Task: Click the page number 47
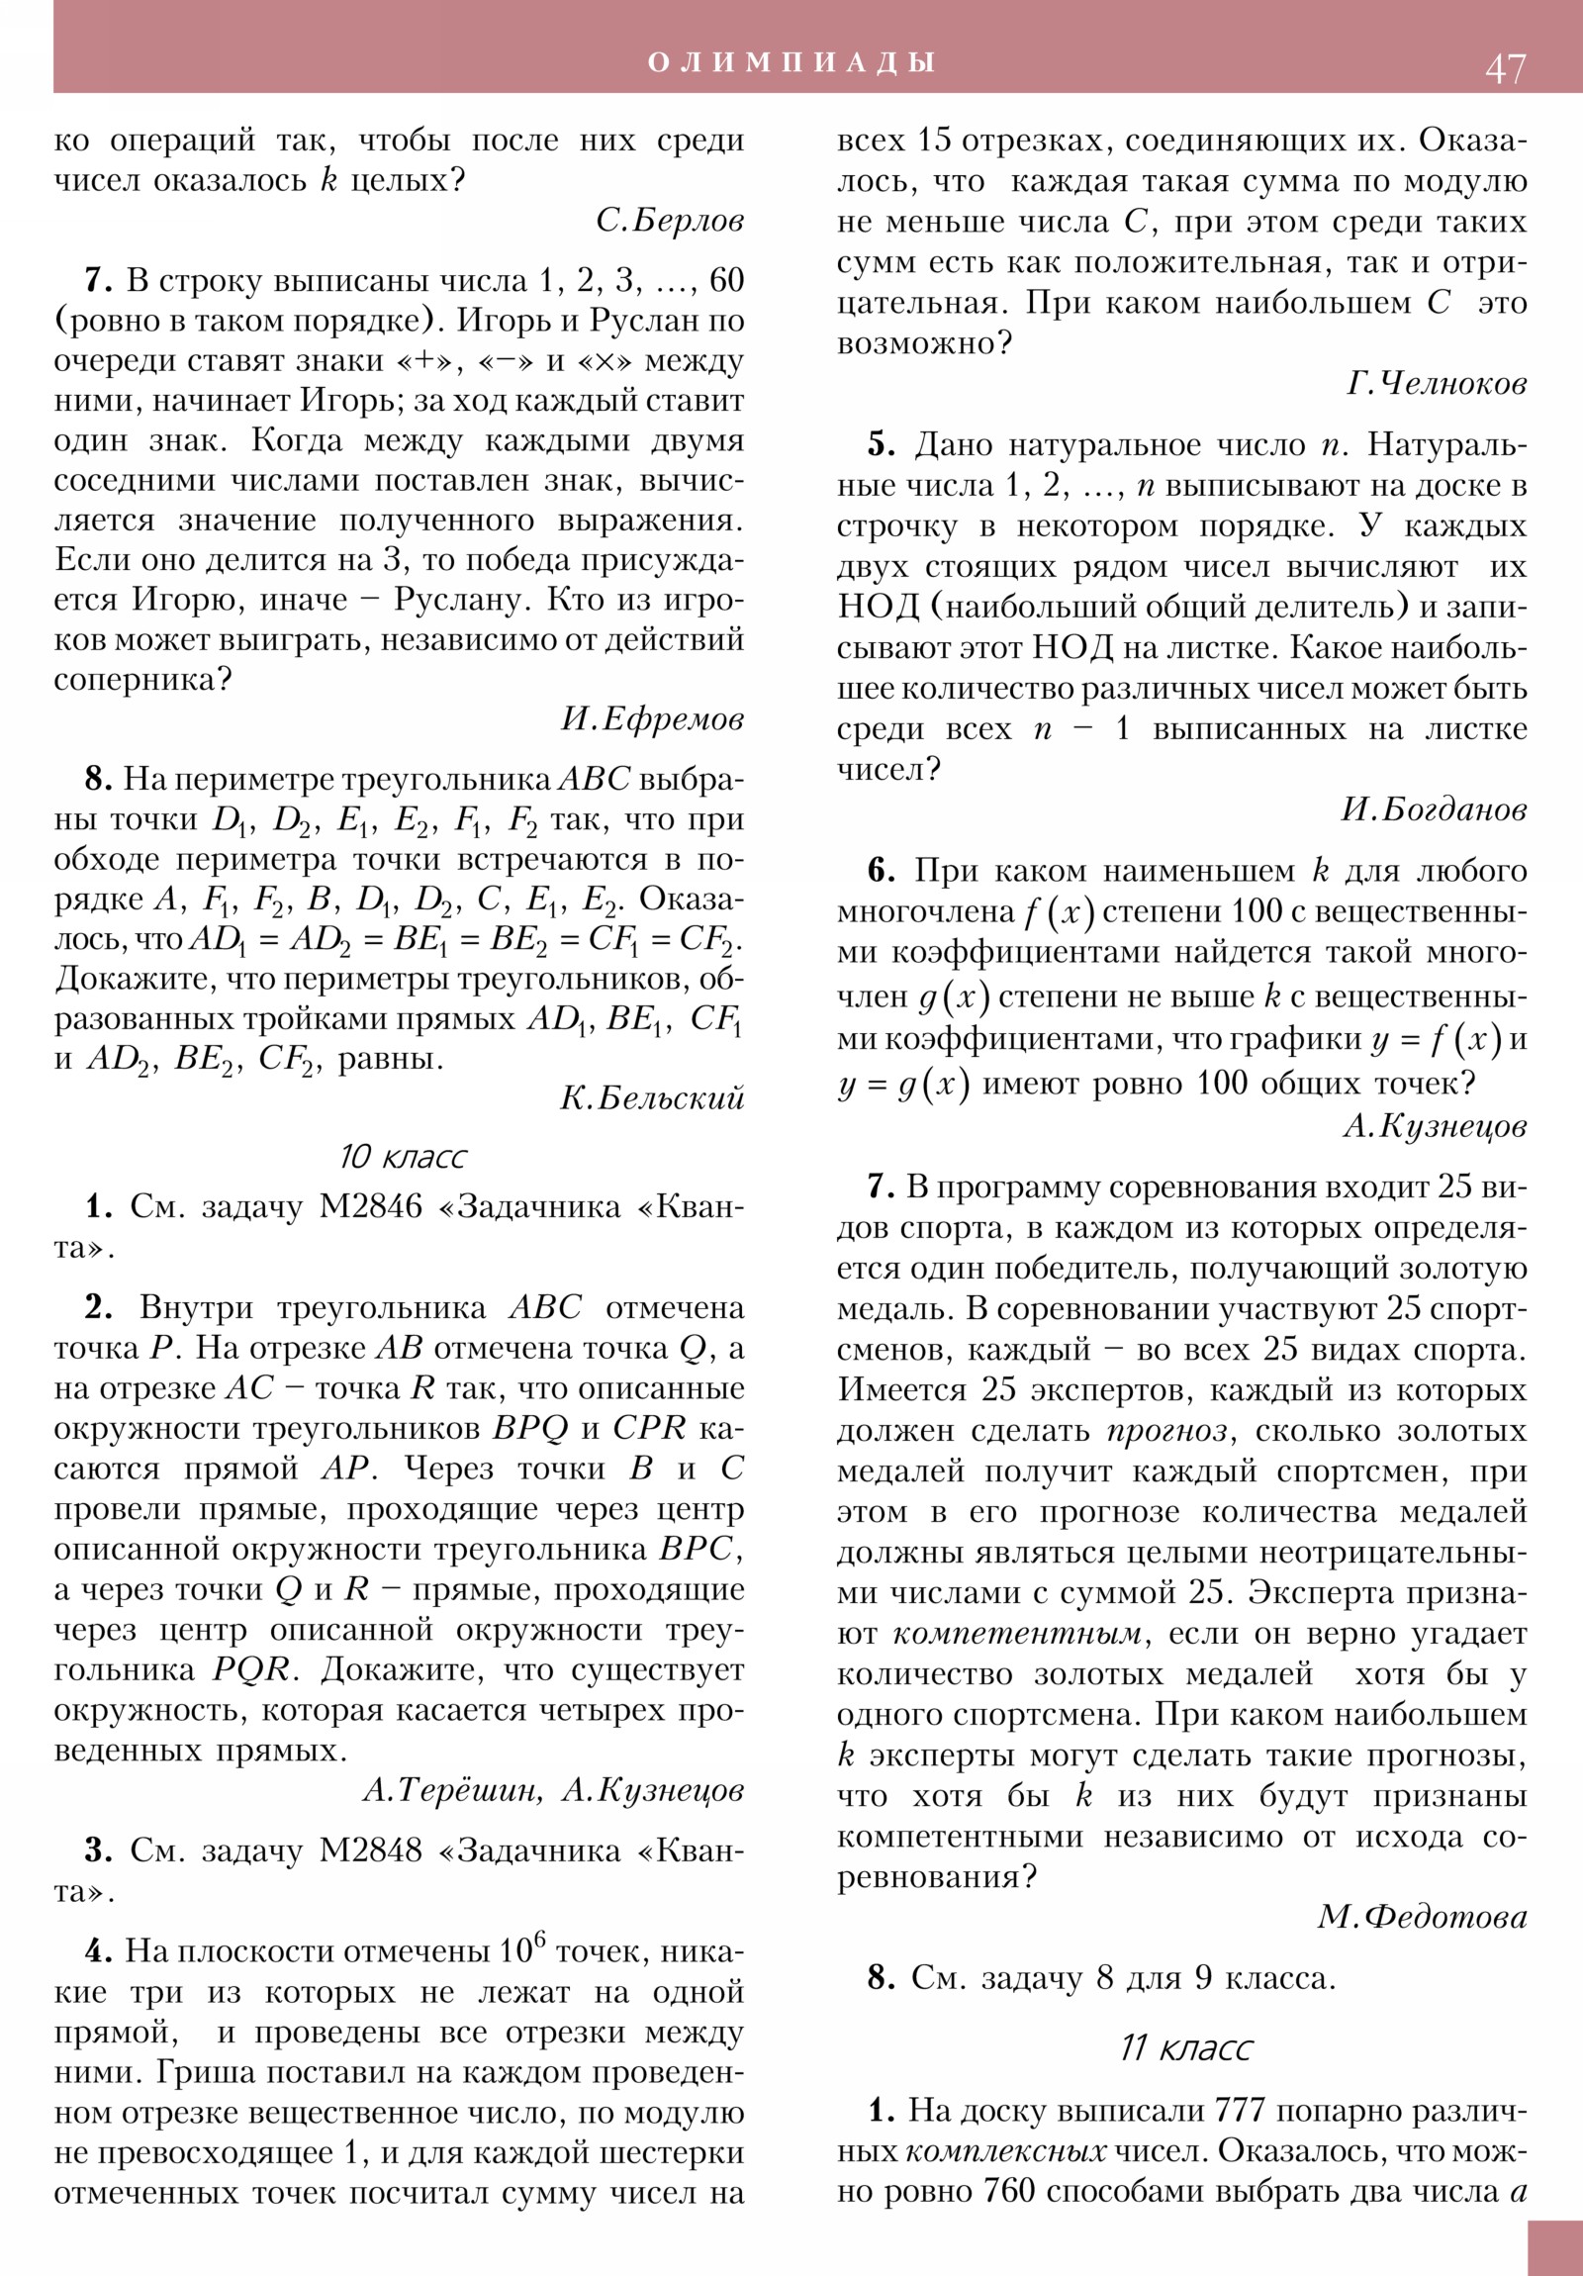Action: pos(1505,69)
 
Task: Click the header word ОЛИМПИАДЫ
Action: pos(791,62)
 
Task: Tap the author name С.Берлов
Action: pos(670,220)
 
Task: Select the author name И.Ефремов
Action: pos(652,718)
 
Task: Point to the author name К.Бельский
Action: pos(652,1097)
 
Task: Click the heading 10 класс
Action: pos(403,1156)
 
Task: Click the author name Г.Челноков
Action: pos(1437,383)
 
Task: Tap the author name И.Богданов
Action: pos(1434,809)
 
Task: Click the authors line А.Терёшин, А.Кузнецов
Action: pos(553,1789)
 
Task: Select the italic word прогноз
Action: pos(1166,1432)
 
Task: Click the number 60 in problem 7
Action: pos(726,280)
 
